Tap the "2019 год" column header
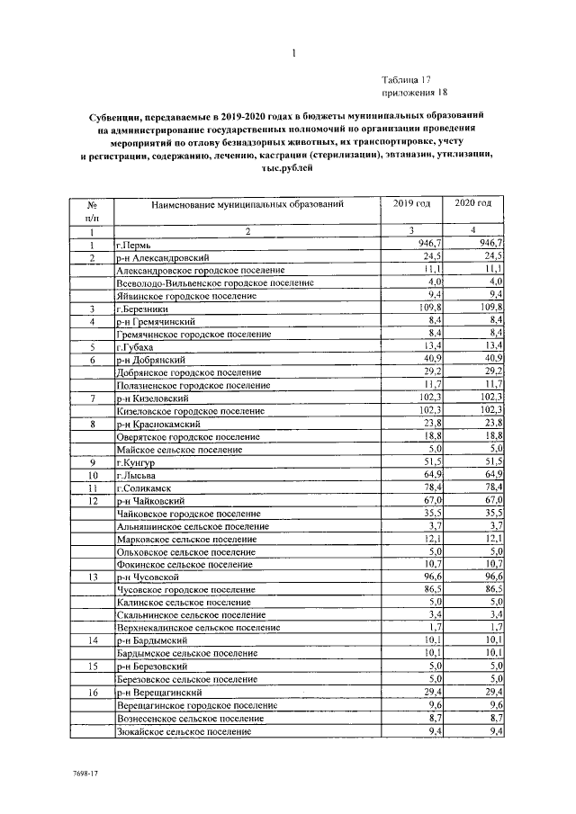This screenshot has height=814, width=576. coord(412,204)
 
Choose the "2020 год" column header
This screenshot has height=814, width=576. coord(473,204)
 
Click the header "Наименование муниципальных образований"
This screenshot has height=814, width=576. coord(247,205)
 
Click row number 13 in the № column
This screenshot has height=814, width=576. coord(92,577)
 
